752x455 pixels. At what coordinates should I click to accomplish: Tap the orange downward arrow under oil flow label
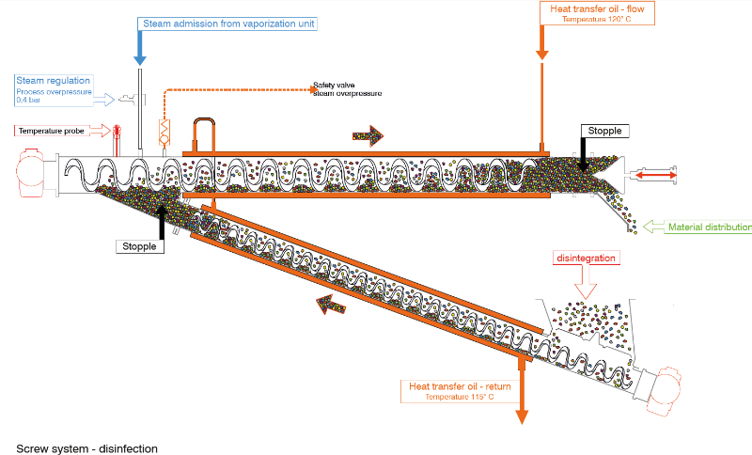(542, 41)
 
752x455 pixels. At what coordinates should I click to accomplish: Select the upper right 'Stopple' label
(601, 131)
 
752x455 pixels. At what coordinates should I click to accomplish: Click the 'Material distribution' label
(709, 227)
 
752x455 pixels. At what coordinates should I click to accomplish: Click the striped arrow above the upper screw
(368, 135)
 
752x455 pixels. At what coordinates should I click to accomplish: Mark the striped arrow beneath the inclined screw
(330, 304)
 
